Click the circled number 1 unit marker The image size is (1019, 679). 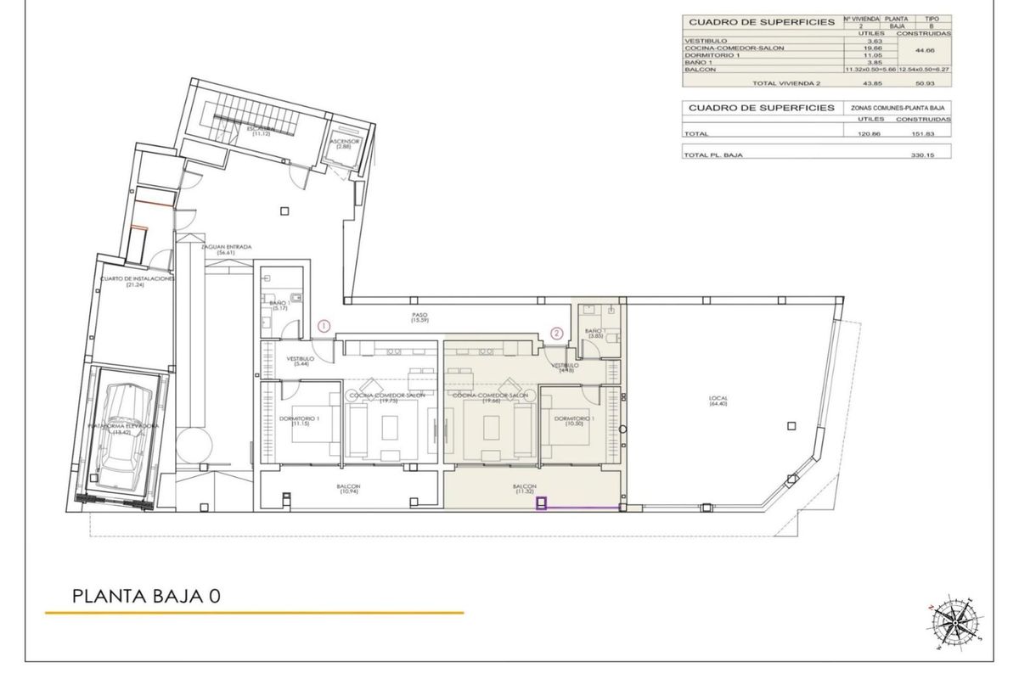324,325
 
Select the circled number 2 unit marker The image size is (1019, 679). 557,334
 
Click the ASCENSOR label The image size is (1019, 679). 345,143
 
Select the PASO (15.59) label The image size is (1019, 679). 418,317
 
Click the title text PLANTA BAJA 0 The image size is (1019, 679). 147,596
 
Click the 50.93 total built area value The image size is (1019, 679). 935,83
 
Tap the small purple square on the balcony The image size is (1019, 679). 540,504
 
